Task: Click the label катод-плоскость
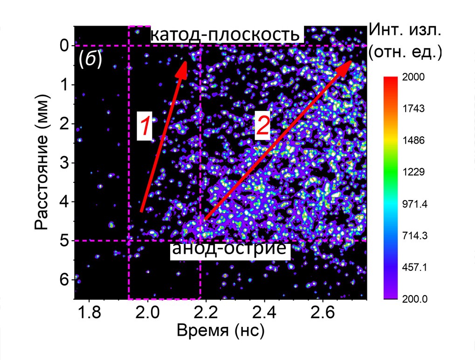point(227,35)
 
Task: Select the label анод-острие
point(228,249)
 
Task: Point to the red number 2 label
point(262,126)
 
